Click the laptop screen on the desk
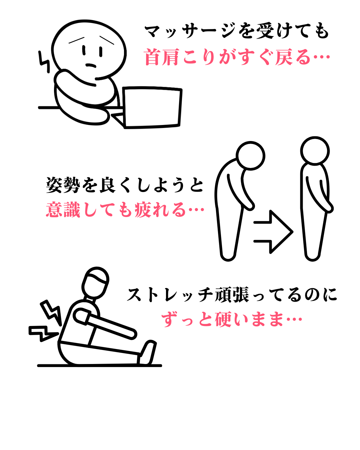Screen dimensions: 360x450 click(x=152, y=107)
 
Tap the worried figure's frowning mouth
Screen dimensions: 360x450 click(x=91, y=65)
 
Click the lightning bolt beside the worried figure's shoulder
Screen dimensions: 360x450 click(x=44, y=62)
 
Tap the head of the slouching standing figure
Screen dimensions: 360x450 click(x=250, y=156)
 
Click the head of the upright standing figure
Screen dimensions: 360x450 click(x=315, y=151)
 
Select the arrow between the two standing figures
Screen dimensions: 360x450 click(x=273, y=232)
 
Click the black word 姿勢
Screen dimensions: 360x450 click(x=63, y=185)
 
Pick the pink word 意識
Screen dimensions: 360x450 click(x=63, y=209)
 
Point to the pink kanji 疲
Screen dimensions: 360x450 click(x=143, y=209)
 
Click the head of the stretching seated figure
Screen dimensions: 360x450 click(x=95, y=283)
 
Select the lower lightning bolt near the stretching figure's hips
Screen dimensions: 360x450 click(x=43, y=333)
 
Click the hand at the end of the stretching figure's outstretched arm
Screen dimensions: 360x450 click(x=132, y=334)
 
